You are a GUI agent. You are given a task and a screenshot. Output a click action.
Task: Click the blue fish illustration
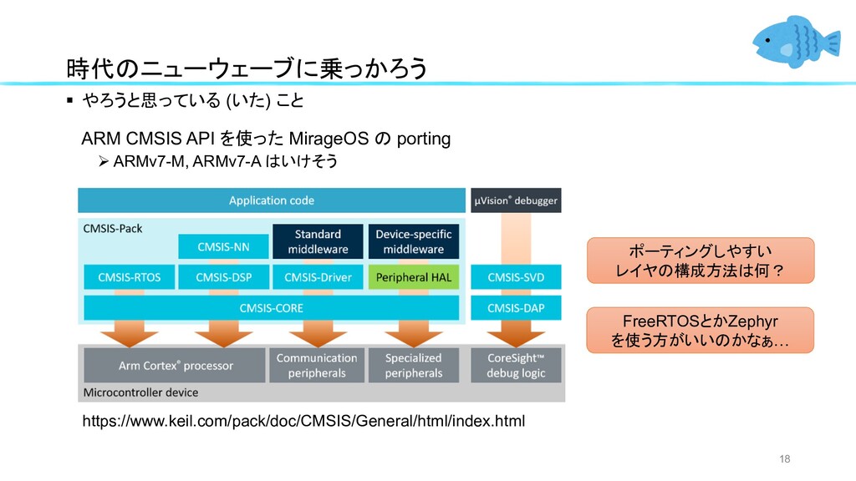pos(796,42)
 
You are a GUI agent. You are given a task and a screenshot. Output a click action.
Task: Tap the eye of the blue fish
pos(767,40)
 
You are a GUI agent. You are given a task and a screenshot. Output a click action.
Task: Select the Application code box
pos(272,200)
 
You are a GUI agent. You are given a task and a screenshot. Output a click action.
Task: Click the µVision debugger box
pos(516,200)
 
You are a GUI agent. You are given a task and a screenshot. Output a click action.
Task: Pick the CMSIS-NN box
pos(223,246)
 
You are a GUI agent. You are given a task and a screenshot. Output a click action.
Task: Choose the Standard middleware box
pos(318,241)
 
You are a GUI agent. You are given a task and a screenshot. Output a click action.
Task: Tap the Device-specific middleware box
pos(413,241)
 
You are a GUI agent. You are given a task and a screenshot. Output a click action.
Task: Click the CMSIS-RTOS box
pos(130,277)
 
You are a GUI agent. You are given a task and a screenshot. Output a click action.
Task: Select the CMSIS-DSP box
pos(224,277)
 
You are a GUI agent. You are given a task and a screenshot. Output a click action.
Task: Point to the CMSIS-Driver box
pos(318,277)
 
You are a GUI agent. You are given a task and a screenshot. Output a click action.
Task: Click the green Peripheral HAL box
pos(413,277)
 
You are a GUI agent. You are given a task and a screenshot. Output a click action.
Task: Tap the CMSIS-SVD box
pos(516,277)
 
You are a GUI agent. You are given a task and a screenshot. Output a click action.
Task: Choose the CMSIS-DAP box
pos(516,307)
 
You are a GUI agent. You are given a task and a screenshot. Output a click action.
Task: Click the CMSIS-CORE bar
pos(272,307)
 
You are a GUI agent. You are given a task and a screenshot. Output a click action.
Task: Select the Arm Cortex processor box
pos(175,366)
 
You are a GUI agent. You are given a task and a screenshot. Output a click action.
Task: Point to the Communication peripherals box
pos(317,366)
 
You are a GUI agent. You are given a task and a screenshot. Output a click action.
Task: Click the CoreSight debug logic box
pos(516,366)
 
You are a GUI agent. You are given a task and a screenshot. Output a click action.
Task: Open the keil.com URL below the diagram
pos(303,421)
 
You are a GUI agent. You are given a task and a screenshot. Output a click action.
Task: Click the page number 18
pos(784,458)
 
